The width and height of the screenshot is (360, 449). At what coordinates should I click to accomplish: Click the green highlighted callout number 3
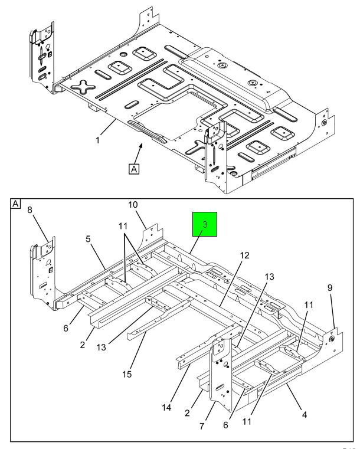coord(205,224)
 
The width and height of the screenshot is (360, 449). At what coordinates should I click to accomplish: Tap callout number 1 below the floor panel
coord(97,140)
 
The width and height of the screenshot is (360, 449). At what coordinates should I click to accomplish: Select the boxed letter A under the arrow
coord(134,169)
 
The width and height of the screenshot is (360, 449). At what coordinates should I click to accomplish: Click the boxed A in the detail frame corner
coord(15,204)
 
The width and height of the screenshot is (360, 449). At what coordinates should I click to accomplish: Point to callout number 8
coord(30,210)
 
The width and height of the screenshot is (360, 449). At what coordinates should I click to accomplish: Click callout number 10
coord(133,205)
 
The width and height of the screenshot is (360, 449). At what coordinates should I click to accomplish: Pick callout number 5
coord(88,239)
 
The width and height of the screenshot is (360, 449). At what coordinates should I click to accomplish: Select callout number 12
coord(244,255)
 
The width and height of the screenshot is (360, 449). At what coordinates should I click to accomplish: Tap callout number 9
coord(330,287)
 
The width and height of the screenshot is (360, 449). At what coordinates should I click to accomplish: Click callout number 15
coord(127,374)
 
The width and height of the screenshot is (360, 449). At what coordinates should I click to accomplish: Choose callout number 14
coord(166,407)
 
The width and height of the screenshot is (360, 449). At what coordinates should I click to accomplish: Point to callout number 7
coord(202,426)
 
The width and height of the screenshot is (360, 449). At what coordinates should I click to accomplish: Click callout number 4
coord(305,414)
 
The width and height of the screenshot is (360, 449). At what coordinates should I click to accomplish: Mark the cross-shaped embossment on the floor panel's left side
coord(83,87)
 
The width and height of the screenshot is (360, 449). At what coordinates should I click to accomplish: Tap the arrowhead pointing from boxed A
coord(140,146)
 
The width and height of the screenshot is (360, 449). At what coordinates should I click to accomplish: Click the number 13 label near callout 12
coord(269,277)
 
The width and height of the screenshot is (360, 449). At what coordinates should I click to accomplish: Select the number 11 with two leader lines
coord(123,226)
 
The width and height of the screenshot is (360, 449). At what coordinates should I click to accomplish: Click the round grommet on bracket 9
coord(332,339)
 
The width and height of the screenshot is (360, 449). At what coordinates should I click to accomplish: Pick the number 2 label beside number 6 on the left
coord(83,345)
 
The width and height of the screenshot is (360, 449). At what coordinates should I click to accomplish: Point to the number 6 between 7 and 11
coord(225,425)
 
